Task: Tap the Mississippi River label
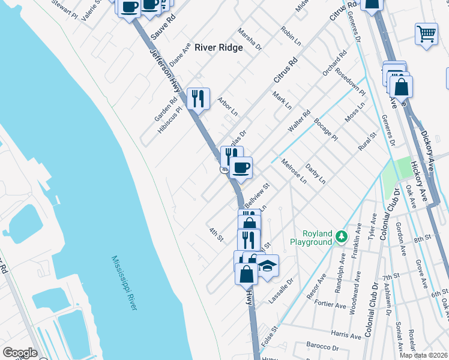pyautogui.click(x=124, y=283)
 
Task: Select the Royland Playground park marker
pyautogui.click(x=342, y=236)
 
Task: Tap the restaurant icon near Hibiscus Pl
pyautogui.click(x=198, y=98)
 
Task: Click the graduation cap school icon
pyautogui.click(x=267, y=265)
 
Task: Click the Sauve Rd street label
pyautogui.click(x=163, y=28)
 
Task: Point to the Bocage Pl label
pyautogui.click(x=327, y=129)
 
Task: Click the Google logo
pyautogui.click(x=20, y=353)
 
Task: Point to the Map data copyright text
pyautogui.click(x=424, y=355)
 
